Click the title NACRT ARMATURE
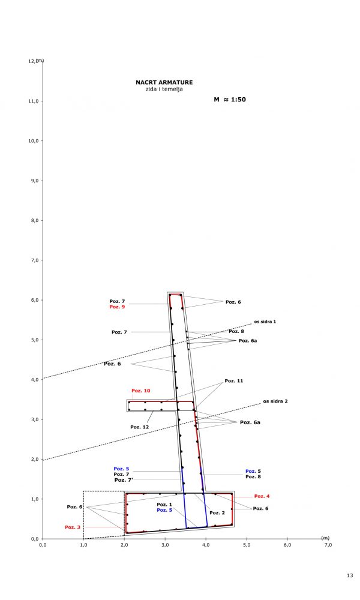(x=164, y=82)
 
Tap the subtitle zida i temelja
(x=164, y=89)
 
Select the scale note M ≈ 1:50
(x=230, y=100)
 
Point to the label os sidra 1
(x=265, y=322)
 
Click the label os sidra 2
(x=275, y=401)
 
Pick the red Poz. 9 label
(x=117, y=307)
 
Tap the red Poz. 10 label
(x=140, y=391)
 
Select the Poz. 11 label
(x=234, y=381)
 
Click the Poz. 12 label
(x=139, y=427)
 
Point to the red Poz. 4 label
(x=262, y=496)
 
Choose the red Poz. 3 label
(x=73, y=527)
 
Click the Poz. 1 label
(x=164, y=505)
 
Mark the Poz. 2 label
(x=217, y=513)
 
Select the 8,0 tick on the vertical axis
(x=34, y=221)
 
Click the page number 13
(x=349, y=576)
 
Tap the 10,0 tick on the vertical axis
(x=34, y=141)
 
